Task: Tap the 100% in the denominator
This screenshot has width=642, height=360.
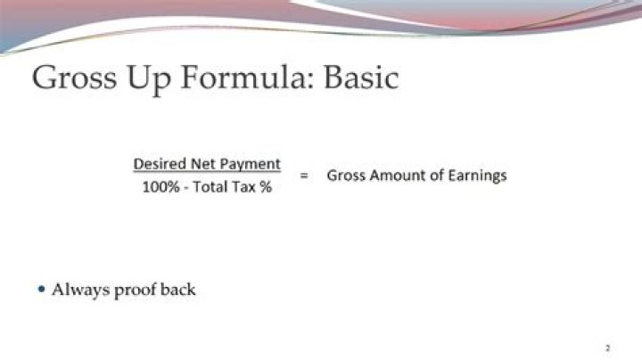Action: click(x=158, y=190)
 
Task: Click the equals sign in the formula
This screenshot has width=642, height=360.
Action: click(x=303, y=176)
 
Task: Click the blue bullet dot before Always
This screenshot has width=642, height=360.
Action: click(x=41, y=289)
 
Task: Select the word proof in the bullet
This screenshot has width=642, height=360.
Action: click(x=136, y=290)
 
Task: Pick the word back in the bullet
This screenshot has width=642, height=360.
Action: click(x=178, y=290)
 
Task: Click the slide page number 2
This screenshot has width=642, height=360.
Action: click(x=607, y=347)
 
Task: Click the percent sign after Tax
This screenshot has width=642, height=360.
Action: click(x=266, y=190)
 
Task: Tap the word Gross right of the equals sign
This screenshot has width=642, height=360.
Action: click(x=345, y=176)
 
